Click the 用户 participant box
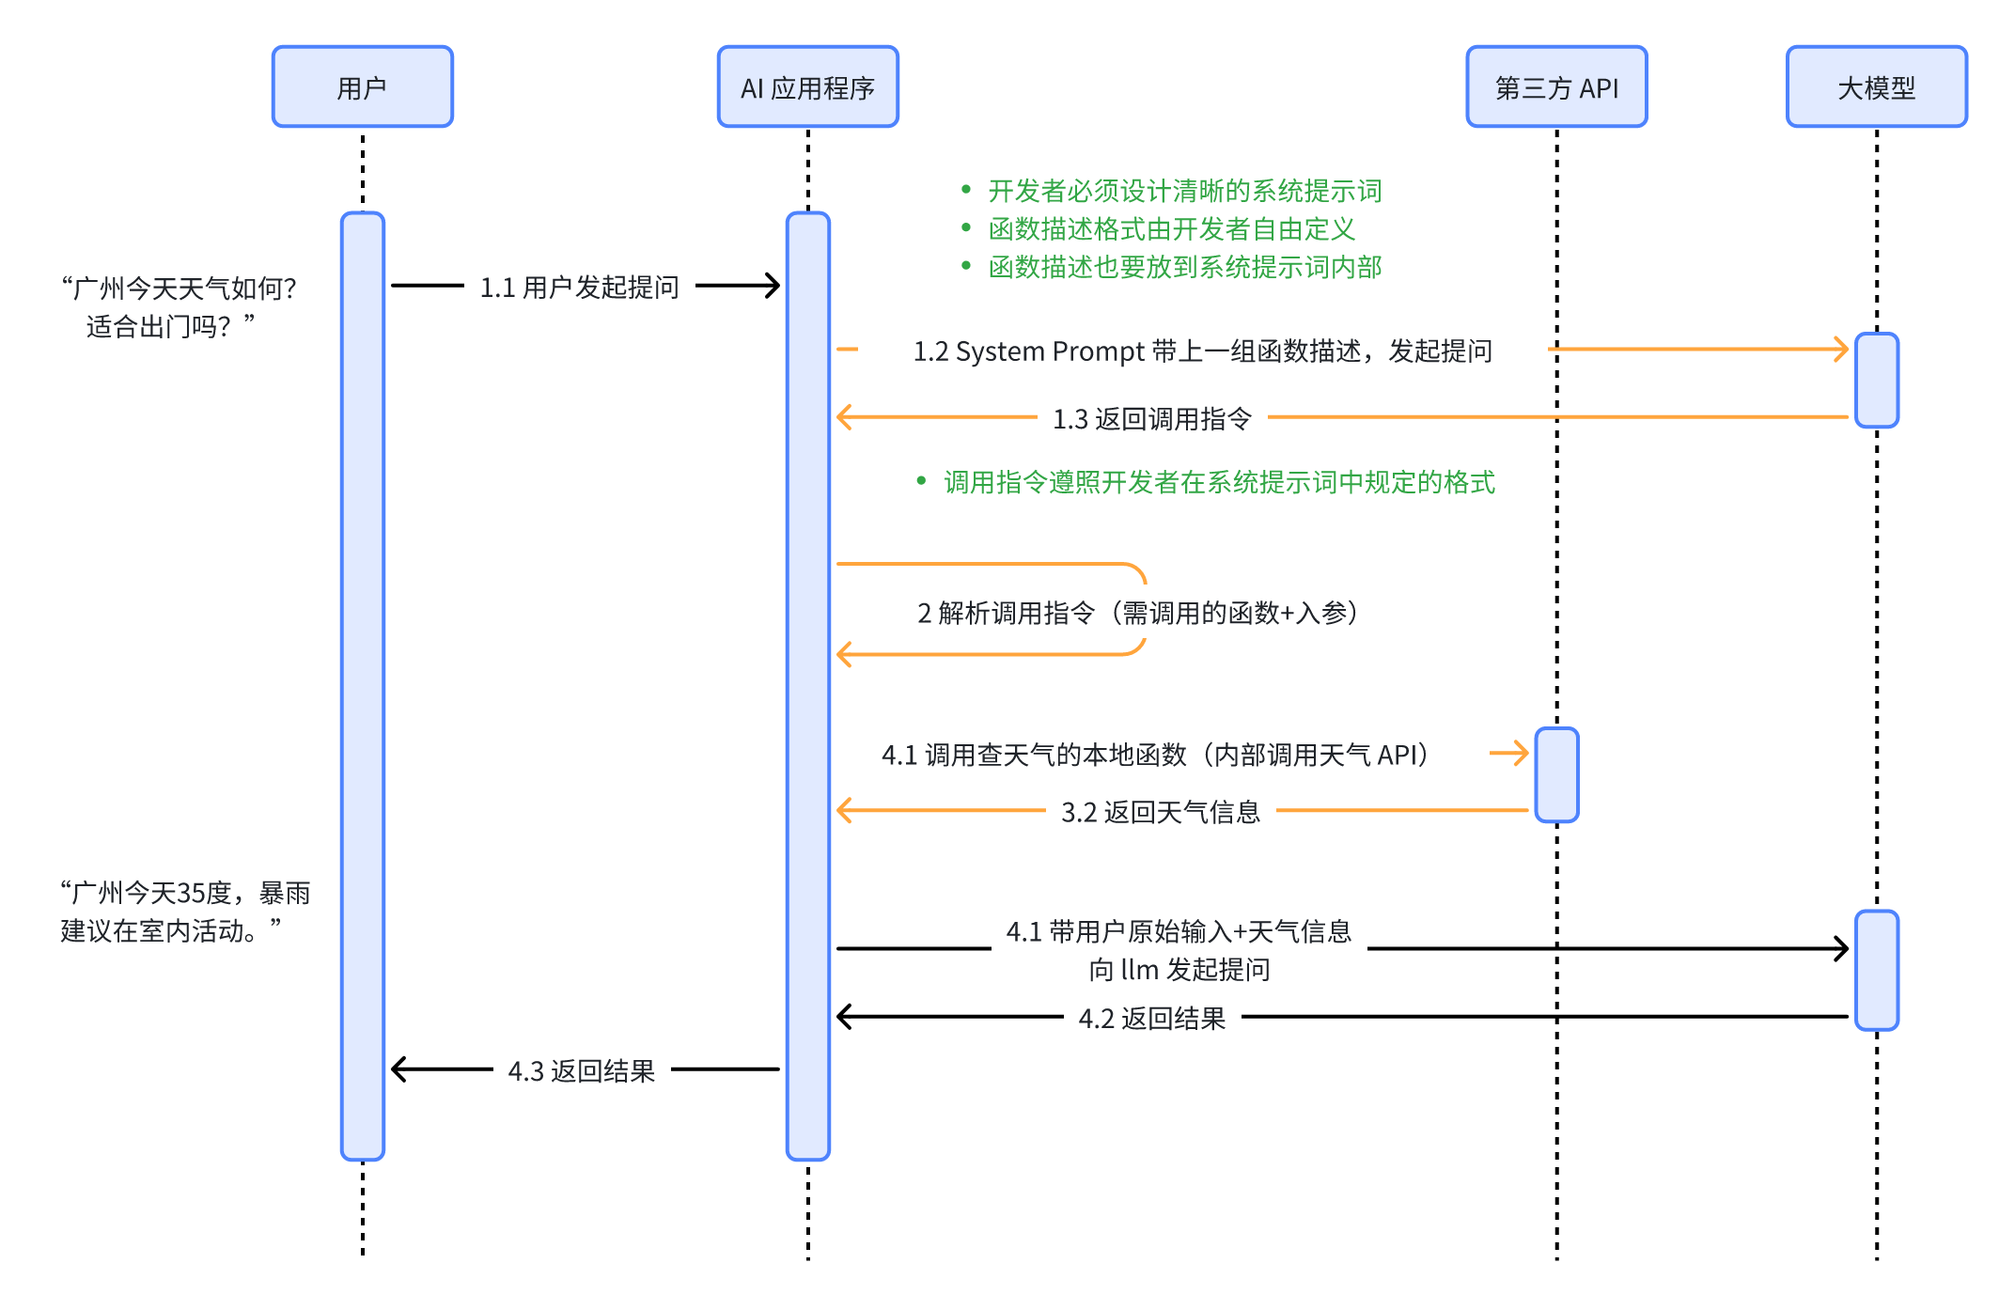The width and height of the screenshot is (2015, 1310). (x=362, y=86)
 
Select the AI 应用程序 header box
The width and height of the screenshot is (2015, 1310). (x=807, y=86)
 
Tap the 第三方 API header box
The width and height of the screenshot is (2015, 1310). (x=1555, y=86)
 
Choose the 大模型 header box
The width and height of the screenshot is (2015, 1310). (x=1876, y=86)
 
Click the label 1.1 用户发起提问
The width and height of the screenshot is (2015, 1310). (x=579, y=287)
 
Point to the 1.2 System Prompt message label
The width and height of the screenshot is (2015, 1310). (x=1202, y=351)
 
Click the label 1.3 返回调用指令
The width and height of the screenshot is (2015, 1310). (x=1151, y=418)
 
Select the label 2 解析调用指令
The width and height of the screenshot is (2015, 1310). (x=1137, y=613)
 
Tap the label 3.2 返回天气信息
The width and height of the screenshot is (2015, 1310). (x=1160, y=812)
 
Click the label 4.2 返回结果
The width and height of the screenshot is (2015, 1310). (x=1151, y=1019)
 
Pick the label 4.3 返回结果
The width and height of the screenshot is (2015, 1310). (x=581, y=1071)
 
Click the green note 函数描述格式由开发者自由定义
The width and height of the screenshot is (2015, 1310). (x=1171, y=228)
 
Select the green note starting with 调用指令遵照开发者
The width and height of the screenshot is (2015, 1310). (x=1218, y=482)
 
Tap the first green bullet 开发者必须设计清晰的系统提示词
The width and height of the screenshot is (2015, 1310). (x=1184, y=191)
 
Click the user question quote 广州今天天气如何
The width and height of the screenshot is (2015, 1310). (x=179, y=306)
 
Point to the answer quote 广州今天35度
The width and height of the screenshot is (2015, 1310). (x=184, y=911)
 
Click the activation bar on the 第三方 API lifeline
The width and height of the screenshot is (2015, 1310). (x=1556, y=775)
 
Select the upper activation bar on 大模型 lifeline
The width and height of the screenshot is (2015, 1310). (x=1876, y=380)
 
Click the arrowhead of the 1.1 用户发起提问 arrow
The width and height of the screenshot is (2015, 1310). (x=773, y=286)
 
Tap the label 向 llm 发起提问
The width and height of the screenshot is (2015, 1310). (x=1179, y=969)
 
